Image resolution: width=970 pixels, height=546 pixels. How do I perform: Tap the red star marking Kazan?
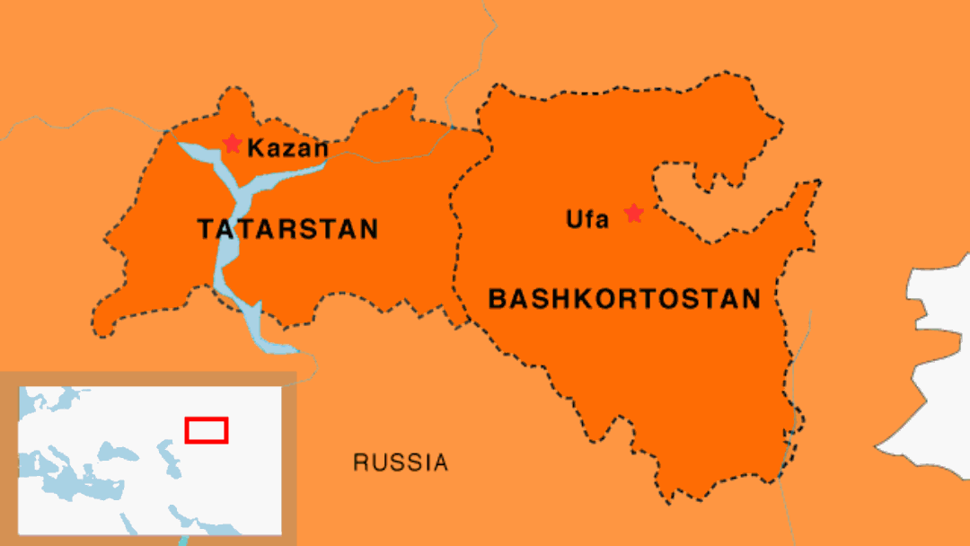(233, 144)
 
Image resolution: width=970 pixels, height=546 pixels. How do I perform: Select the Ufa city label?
(587, 218)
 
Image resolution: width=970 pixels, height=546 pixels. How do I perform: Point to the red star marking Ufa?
(634, 213)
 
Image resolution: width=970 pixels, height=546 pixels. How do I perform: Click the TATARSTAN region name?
(287, 229)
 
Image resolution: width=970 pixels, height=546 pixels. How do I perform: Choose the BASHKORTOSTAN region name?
(624, 298)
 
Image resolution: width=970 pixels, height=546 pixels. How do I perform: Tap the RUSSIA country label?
(400, 462)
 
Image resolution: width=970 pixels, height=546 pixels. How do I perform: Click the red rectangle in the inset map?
(207, 430)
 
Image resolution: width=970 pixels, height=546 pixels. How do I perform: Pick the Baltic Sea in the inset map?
(63, 400)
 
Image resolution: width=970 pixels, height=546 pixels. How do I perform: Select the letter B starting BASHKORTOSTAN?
(497, 299)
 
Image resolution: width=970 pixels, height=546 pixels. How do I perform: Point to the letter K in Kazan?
(254, 148)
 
